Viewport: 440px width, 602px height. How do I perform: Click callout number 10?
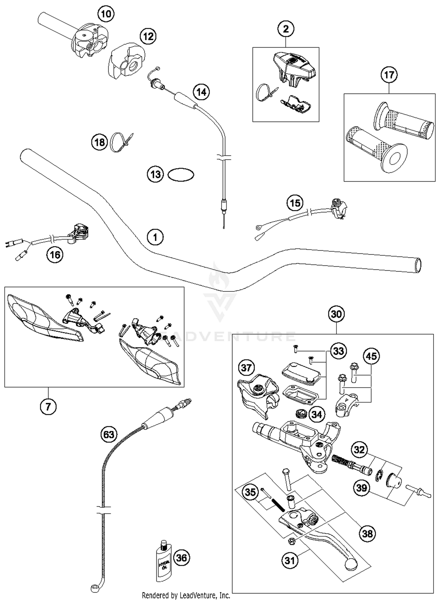(106, 14)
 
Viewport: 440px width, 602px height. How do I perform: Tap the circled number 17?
(389, 75)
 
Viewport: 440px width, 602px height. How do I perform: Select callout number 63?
(109, 434)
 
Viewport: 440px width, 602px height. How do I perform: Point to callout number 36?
(182, 557)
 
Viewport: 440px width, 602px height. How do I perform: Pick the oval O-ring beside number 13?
(181, 175)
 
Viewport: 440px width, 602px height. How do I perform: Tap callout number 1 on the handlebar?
(155, 237)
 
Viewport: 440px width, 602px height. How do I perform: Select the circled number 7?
(48, 406)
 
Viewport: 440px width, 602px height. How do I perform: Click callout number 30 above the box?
(336, 314)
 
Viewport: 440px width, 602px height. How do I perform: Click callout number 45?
(371, 356)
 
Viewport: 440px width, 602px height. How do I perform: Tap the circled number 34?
(317, 414)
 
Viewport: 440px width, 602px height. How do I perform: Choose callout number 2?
(286, 29)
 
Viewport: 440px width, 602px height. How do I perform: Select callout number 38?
(367, 533)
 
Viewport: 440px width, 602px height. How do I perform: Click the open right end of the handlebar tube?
(418, 265)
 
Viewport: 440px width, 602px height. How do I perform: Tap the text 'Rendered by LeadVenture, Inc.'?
(186, 596)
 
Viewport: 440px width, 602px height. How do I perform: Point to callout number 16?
(55, 255)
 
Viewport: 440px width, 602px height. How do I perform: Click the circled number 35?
(250, 492)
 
